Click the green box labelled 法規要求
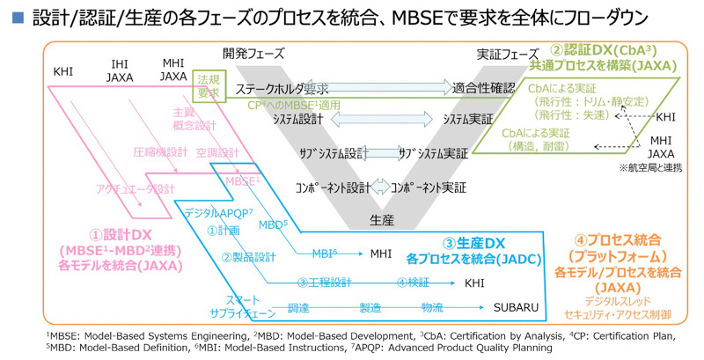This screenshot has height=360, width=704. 209,85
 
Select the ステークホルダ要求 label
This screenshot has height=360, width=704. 282,89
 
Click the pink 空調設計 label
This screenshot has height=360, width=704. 213,151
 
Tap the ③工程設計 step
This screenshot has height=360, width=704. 325,283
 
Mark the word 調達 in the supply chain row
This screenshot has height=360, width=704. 300,309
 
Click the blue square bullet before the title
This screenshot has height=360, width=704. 14,18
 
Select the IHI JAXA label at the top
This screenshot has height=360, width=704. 120,70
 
